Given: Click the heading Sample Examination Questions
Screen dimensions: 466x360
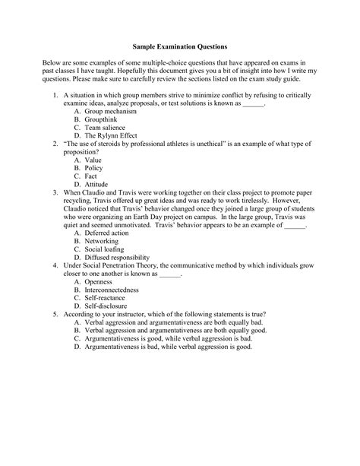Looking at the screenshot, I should coord(180,46).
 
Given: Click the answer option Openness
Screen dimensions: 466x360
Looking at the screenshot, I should coord(101,303).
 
